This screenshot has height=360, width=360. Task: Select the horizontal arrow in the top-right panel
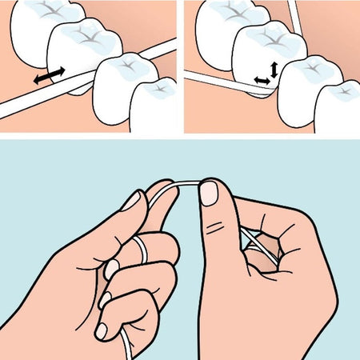[261, 81]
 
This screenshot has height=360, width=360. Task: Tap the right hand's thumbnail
[209, 192]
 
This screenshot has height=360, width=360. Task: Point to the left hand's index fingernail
[131, 200]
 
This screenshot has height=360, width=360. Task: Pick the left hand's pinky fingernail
[102, 330]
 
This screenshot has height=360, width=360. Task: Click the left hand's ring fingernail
[105, 299]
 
